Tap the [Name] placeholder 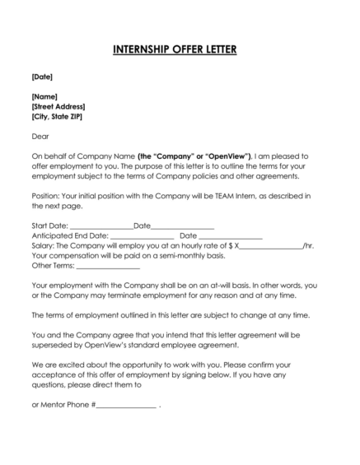(44, 97)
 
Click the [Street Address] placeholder (58, 107)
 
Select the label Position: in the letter (47, 195)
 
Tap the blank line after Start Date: (101, 226)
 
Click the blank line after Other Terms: (107, 265)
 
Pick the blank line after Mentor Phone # (126, 405)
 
